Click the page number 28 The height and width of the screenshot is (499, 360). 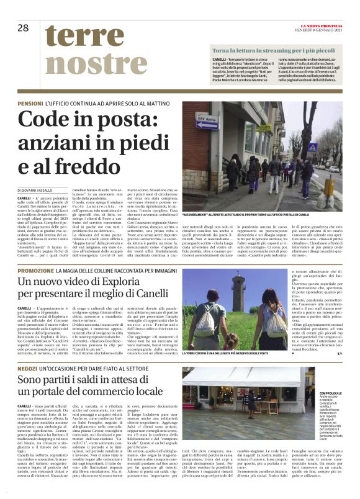point(24,28)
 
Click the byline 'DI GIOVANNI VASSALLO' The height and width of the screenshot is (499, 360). point(42,188)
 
